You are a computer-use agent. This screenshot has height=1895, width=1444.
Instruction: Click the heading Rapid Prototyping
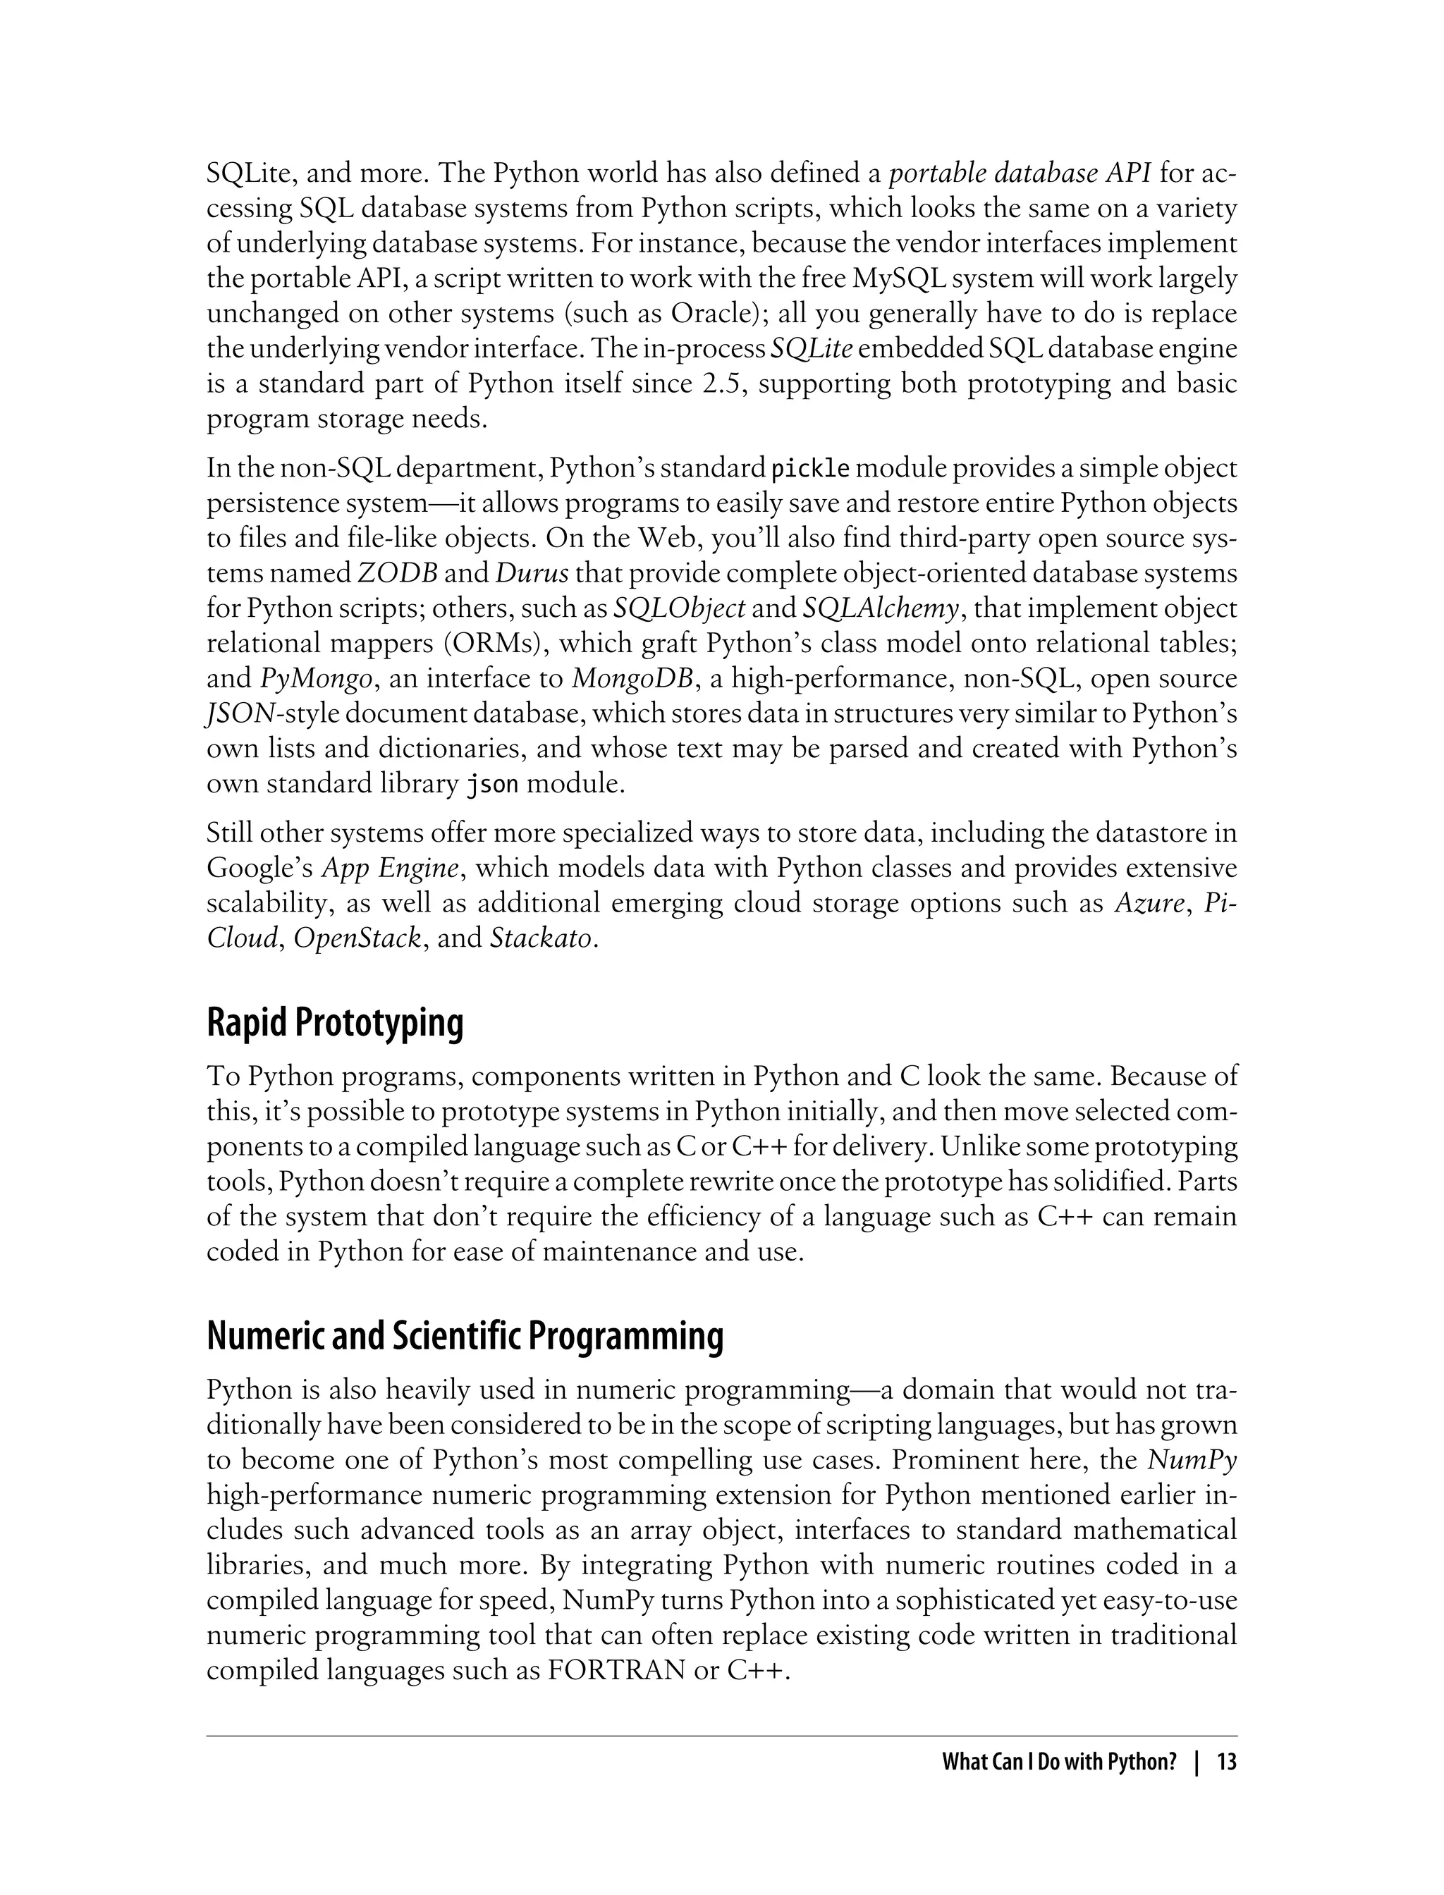(x=334, y=1023)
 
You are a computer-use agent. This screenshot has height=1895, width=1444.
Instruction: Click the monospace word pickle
(x=811, y=470)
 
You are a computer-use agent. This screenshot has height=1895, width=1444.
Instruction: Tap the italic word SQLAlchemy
(x=880, y=608)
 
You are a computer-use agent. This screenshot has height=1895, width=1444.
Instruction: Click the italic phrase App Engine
(x=389, y=868)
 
